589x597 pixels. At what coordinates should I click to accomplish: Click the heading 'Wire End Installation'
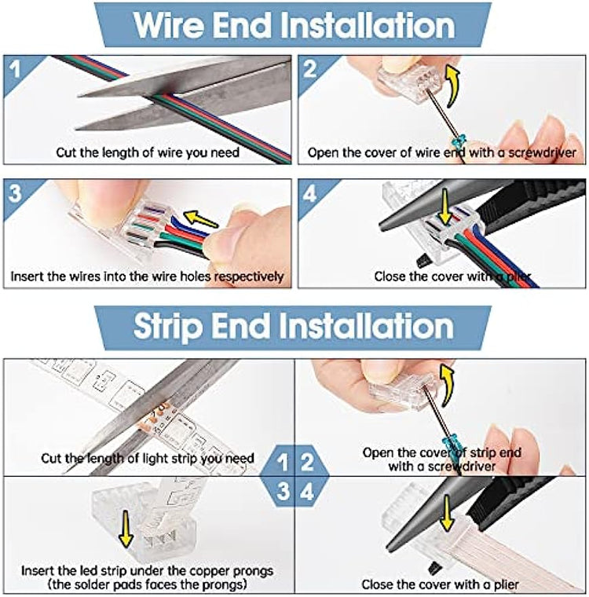tap(294, 25)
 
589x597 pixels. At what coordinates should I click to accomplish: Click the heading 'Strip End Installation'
tap(294, 326)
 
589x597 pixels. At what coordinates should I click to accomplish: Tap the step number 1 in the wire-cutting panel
tap(15, 69)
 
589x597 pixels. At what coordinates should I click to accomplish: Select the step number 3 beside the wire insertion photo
tap(15, 193)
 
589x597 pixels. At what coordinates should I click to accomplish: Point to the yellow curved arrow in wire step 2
tap(452, 86)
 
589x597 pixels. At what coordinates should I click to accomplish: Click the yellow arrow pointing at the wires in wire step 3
tap(200, 219)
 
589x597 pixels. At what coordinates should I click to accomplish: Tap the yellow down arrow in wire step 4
tap(444, 207)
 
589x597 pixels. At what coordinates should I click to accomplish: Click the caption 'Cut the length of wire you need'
tap(148, 152)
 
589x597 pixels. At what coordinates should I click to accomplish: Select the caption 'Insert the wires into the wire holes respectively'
tap(147, 276)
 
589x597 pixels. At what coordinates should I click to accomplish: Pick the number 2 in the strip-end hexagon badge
tap(307, 462)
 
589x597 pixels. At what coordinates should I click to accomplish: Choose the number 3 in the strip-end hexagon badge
tap(283, 491)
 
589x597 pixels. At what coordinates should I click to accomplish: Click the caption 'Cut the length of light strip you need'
tap(148, 458)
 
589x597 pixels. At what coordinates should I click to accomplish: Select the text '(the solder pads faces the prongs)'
tap(148, 584)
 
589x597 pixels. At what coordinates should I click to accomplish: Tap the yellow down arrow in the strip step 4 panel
tap(446, 513)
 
